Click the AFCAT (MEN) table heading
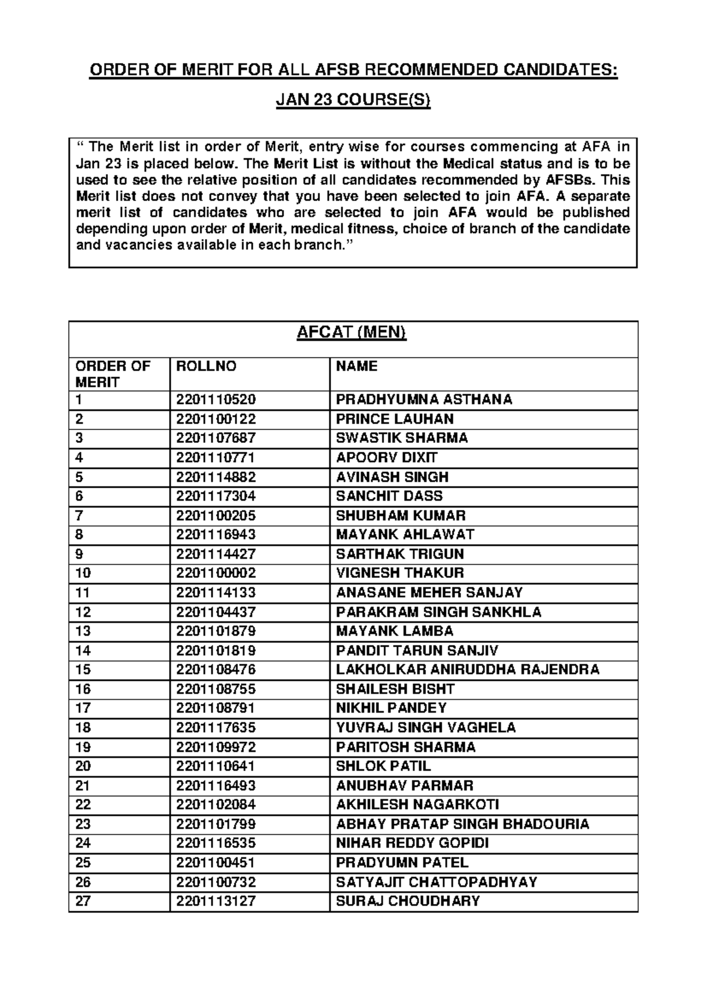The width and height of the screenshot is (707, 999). click(x=352, y=333)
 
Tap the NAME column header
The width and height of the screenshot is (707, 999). click(x=356, y=366)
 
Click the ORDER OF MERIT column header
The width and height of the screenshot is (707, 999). click(x=113, y=374)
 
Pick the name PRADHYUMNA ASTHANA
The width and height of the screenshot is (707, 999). click(x=424, y=399)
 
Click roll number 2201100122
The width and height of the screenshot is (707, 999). click(x=216, y=419)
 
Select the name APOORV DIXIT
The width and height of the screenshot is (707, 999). click(x=386, y=457)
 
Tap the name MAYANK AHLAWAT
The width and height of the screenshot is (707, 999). click(x=405, y=534)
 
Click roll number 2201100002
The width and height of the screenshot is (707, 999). click(x=216, y=573)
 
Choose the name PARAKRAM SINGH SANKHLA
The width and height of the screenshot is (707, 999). click(x=438, y=612)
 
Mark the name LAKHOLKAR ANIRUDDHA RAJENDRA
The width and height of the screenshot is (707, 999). click(x=467, y=669)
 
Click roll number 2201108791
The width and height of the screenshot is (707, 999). click(x=216, y=707)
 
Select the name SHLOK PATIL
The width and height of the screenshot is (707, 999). click(x=383, y=766)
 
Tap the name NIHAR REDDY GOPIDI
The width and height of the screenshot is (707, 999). click(x=412, y=843)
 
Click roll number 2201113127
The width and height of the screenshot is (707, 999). click(x=216, y=901)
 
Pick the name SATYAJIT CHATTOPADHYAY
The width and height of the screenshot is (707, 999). click(x=436, y=882)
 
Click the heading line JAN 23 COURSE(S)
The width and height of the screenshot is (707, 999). click(x=353, y=101)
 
